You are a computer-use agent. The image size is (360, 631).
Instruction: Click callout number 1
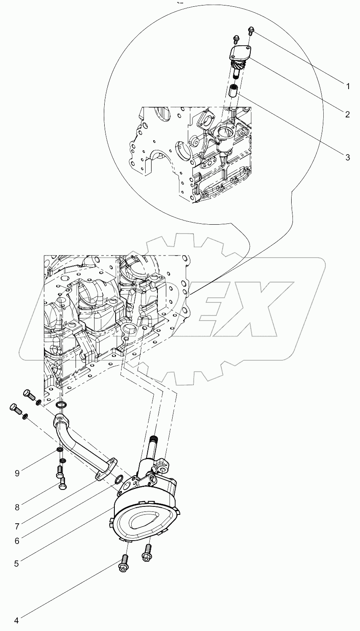coord(347,87)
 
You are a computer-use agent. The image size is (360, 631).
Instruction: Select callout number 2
coord(347,114)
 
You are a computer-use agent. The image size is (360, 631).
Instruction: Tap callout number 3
coord(347,158)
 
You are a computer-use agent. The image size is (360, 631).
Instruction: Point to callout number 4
coord(16,620)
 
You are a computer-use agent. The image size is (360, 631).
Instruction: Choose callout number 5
coord(16,563)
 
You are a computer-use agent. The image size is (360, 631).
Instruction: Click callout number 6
coord(16,540)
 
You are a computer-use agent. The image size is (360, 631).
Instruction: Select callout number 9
coord(16,473)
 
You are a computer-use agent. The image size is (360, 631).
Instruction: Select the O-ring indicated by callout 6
coord(119,479)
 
